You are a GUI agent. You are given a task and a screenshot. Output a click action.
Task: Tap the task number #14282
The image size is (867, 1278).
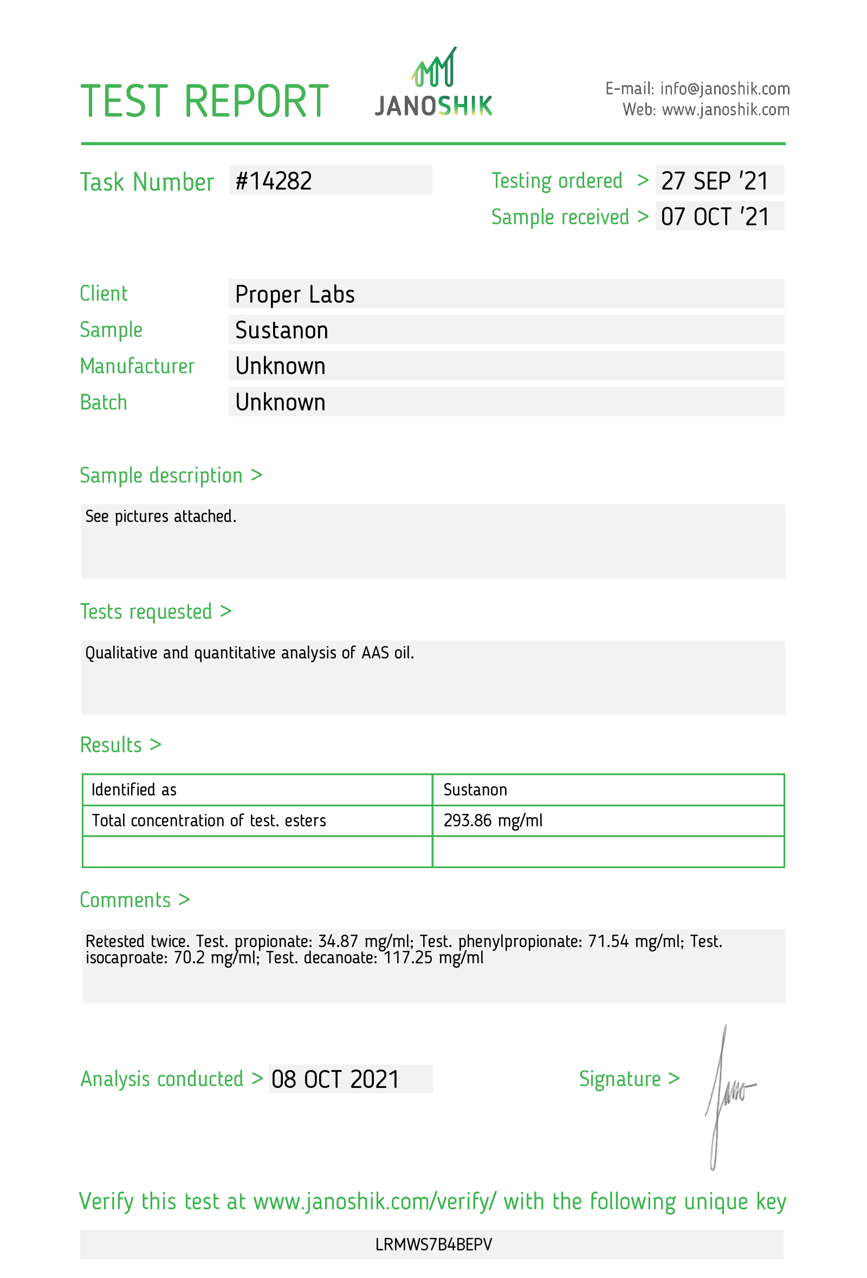(274, 181)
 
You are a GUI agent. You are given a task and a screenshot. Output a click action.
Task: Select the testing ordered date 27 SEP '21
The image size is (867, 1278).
(714, 181)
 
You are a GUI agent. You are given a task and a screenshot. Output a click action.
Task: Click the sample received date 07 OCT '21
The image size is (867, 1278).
(715, 217)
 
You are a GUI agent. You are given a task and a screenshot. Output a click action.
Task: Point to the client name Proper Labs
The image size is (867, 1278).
(295, 294)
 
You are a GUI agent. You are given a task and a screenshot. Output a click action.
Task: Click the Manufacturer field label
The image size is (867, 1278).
(137, 366)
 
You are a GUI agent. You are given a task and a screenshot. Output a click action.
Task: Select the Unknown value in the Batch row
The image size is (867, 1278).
(281, 402)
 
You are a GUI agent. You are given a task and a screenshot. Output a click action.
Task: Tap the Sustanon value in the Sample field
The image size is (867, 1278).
(282, 330)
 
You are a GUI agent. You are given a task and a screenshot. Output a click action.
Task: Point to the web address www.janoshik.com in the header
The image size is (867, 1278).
(725, 110)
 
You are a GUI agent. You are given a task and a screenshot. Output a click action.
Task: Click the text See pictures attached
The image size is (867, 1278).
(160, 517)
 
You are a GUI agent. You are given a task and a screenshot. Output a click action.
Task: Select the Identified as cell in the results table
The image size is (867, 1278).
(134, 790)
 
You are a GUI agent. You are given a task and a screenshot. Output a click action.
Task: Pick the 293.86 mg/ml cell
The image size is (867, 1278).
(493, 820)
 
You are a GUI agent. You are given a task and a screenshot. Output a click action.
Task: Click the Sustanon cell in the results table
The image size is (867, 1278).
(475, 790)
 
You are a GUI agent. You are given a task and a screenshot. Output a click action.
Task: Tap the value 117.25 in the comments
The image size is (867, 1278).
(407, 958)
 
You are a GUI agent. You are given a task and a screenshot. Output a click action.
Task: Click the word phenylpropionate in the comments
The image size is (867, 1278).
(520, 942)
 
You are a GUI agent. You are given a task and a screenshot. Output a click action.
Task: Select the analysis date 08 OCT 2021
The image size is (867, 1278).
(335, 1079)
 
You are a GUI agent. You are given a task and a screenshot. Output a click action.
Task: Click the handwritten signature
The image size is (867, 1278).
(726, 1094)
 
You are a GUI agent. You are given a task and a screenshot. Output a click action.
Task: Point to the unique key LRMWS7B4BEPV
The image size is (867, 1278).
(433, 1244)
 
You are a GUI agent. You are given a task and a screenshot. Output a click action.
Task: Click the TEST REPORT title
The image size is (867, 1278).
(205, 101)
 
